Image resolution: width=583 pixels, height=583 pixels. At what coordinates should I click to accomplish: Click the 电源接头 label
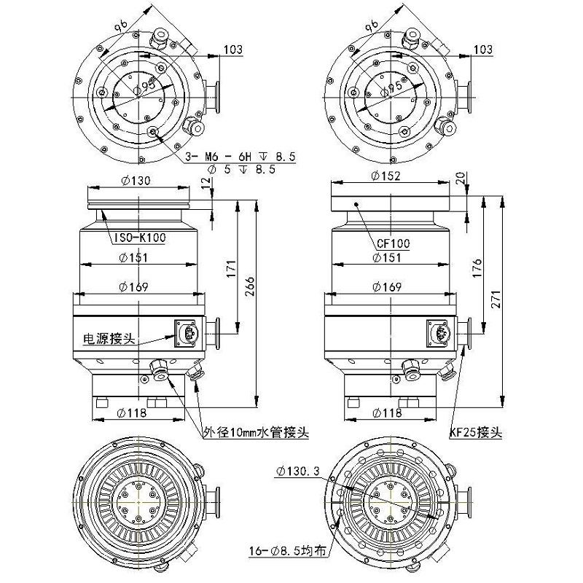coord(109,339)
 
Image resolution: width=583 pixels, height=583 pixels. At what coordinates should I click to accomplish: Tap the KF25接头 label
coord(476,432)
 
